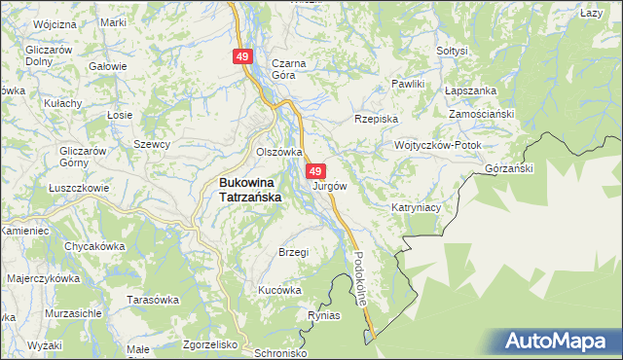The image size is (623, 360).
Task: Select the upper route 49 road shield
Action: (242, 58)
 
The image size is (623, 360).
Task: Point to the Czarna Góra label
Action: (289, 69)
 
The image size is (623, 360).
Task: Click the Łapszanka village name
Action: (470, 90)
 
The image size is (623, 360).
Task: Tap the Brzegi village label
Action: (293, 252)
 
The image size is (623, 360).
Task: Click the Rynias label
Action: (323, 316)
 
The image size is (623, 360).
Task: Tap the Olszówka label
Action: (279, 152)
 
